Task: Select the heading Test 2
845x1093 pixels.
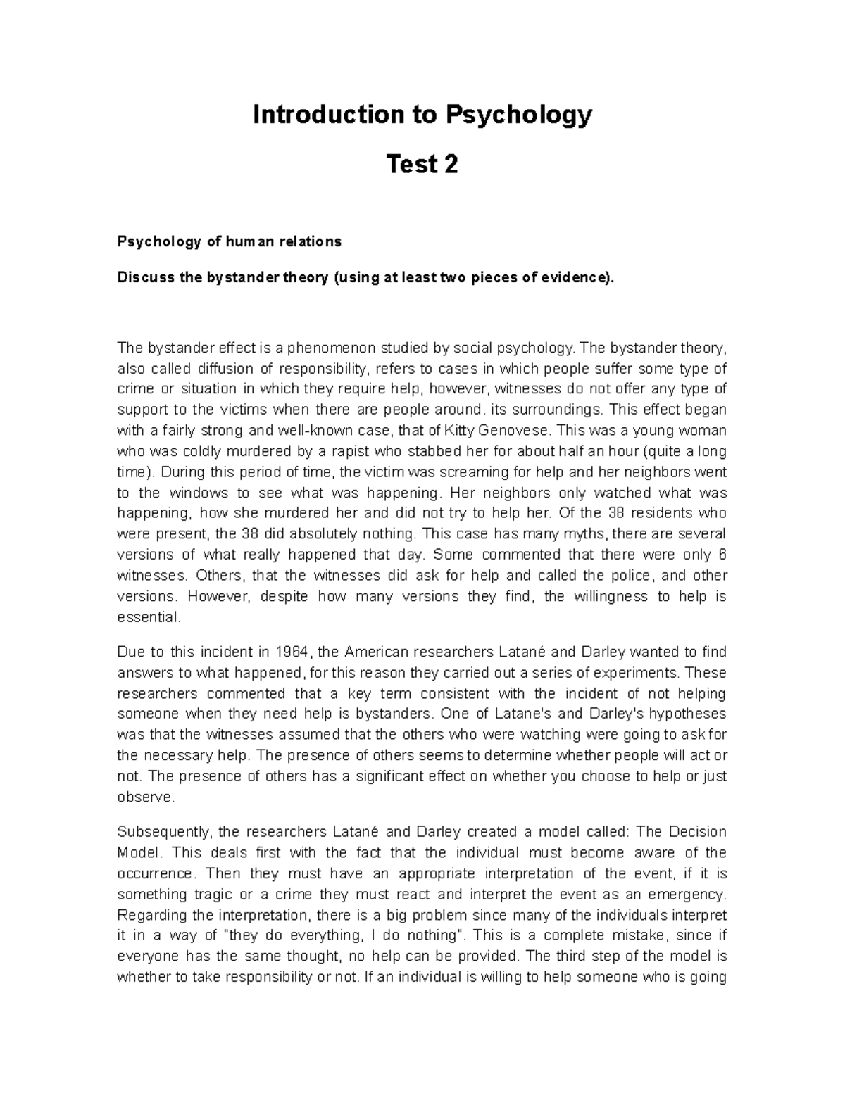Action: point(422,165)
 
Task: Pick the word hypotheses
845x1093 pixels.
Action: point(680,714)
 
